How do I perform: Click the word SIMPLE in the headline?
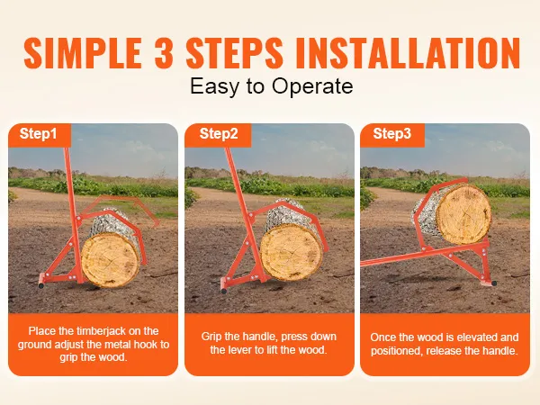[x=83, y=53]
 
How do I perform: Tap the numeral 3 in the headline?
[x=164, y=53]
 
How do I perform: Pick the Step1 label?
[x=38, y=133]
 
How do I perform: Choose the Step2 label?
[x=219, y=133]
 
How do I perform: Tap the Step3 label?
[x=391, y=133]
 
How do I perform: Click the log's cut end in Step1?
[x=111, y=260]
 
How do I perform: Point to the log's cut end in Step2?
[x=292, y=252]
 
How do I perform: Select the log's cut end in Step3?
[x=464, y=214]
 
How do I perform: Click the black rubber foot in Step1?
[x=41, y=285]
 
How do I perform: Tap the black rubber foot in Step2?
[x=224, y=291]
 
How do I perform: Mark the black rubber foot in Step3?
[x=494, y=283]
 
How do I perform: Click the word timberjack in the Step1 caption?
[x=103, y=331]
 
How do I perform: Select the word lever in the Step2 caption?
[x=240, y=350]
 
